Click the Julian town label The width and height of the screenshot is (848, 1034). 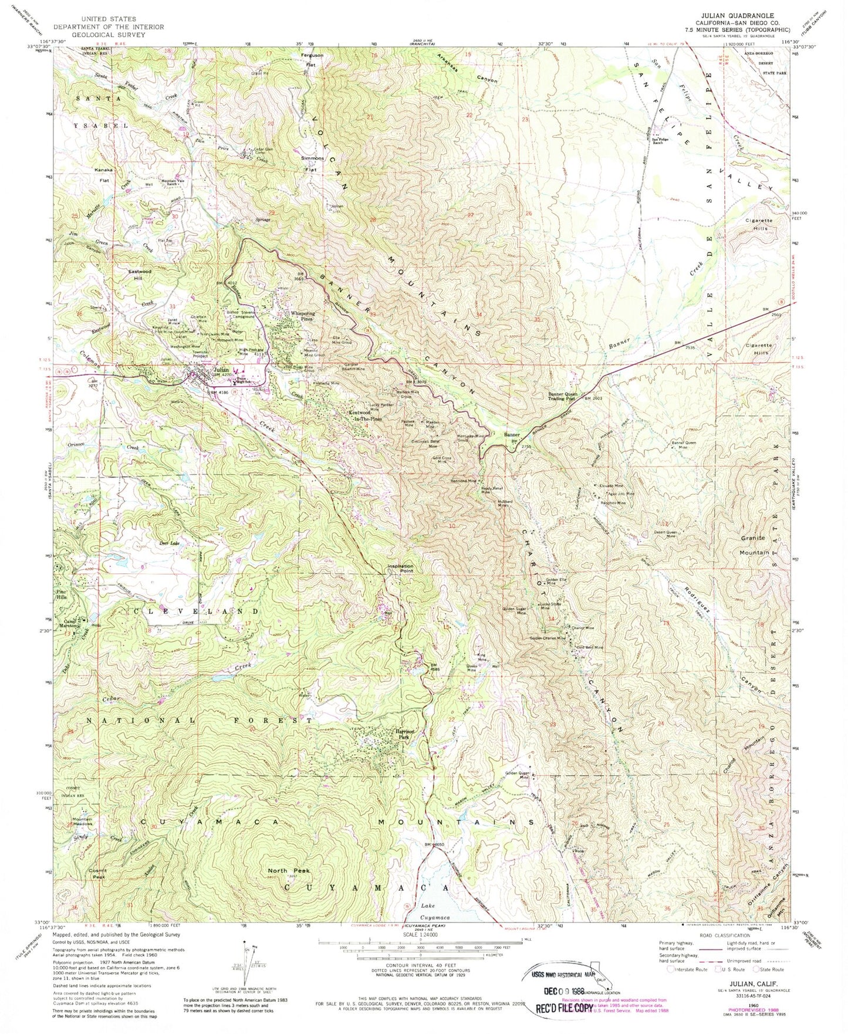pyautogui.click(x=221, y=370)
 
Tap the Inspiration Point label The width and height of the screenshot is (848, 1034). pyautogui.click(x=401, y=568)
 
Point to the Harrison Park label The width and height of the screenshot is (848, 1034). pyautogui.click(x=404, y=734)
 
